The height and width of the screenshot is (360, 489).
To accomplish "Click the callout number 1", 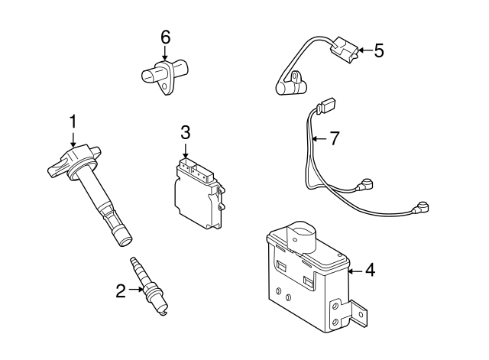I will click(73, 121).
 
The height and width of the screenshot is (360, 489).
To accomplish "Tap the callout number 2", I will click(120, 290).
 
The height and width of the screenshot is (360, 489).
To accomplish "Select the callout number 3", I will click(185, 131).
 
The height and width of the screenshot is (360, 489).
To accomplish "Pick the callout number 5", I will click(378, 50).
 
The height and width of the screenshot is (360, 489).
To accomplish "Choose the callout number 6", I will click(164, 36).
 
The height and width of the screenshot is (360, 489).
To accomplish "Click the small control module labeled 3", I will click(198, 191).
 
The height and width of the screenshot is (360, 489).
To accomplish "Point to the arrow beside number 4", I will click(353, 269).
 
